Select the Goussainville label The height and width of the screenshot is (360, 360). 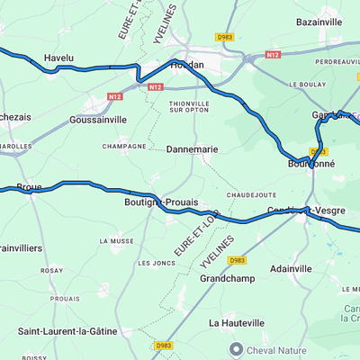[x=98, y=119]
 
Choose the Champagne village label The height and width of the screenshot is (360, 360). [x=124, y=146]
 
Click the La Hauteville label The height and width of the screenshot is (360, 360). [x=237, y=322]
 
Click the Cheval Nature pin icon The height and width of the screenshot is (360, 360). [x=237, y=349]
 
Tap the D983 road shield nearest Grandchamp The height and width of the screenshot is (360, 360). [x=236, y=260]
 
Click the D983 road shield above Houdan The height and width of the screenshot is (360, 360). [x=224, y=37]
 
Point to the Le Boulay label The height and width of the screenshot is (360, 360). [x=306, y=84]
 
